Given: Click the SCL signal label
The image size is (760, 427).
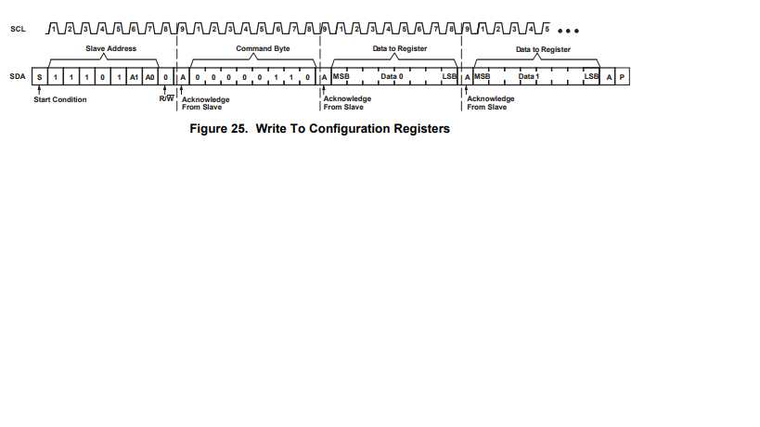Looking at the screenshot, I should pos(17,30).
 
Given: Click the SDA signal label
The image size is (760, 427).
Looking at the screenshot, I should pos(17,76).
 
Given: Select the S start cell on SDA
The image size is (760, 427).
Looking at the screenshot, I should pos(39,76).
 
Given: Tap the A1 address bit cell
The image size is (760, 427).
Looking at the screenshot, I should pos(134,76).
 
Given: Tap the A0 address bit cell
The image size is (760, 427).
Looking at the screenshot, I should pos(149,76).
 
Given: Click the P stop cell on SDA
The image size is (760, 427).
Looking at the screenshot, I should pos(623,76).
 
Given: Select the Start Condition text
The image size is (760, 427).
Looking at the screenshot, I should pos(60,100).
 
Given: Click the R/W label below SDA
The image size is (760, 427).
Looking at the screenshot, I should pos(166,98).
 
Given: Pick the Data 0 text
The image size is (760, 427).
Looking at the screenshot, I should pos(392,76).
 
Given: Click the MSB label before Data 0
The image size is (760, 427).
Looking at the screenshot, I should pos(341,76).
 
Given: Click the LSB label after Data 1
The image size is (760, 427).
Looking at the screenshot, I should pos(591,76).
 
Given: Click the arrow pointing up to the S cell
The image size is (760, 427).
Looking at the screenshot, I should pos(39,89).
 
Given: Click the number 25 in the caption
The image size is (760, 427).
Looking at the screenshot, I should pos(244,129).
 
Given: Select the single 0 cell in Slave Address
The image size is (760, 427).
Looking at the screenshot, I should pos(102,76).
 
